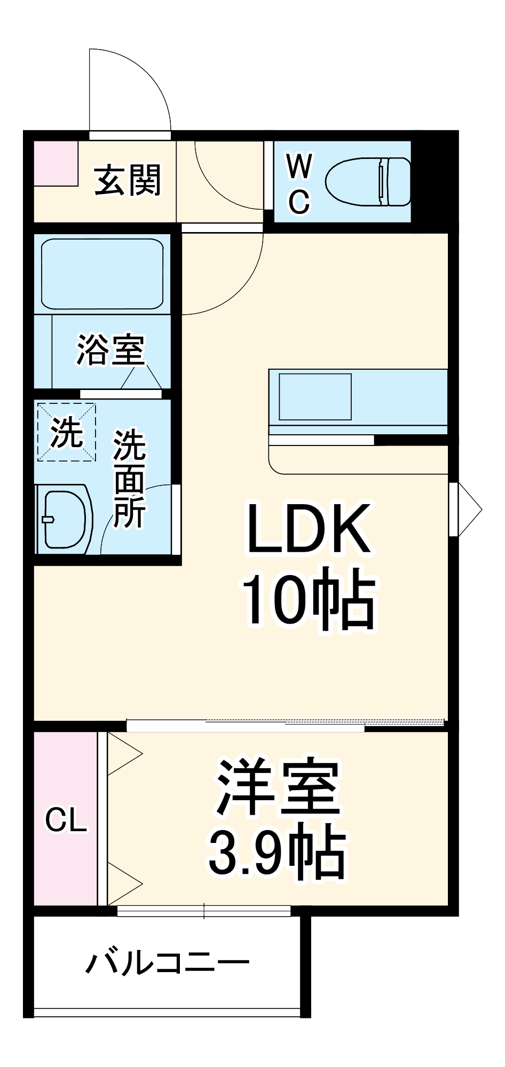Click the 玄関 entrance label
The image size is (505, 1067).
click(x=128, y=180)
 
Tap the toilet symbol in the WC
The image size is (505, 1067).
click(x=368, y=181)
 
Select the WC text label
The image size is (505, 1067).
click(x=299, y=184)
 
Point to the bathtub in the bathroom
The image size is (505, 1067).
click(x=102, y=274)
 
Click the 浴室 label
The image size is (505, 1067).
click(x=111, y=350)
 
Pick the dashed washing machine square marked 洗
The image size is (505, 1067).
click(x=66, y=432)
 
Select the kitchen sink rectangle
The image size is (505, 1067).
click(x=315, y=396)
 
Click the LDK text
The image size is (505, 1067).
click(x=309, y=528)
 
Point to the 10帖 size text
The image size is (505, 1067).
click(x=309, y=600)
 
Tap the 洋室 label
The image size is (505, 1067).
click(x=278, y=787)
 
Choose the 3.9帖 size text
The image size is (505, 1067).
click(x=277, y=851)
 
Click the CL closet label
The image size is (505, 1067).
click(x=66, y=819)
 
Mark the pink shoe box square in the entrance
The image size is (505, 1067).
click(x=56, y=163)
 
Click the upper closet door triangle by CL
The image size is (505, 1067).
click(x=124, y=753)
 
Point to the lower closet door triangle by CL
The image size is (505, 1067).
click(x=124, y=883)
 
